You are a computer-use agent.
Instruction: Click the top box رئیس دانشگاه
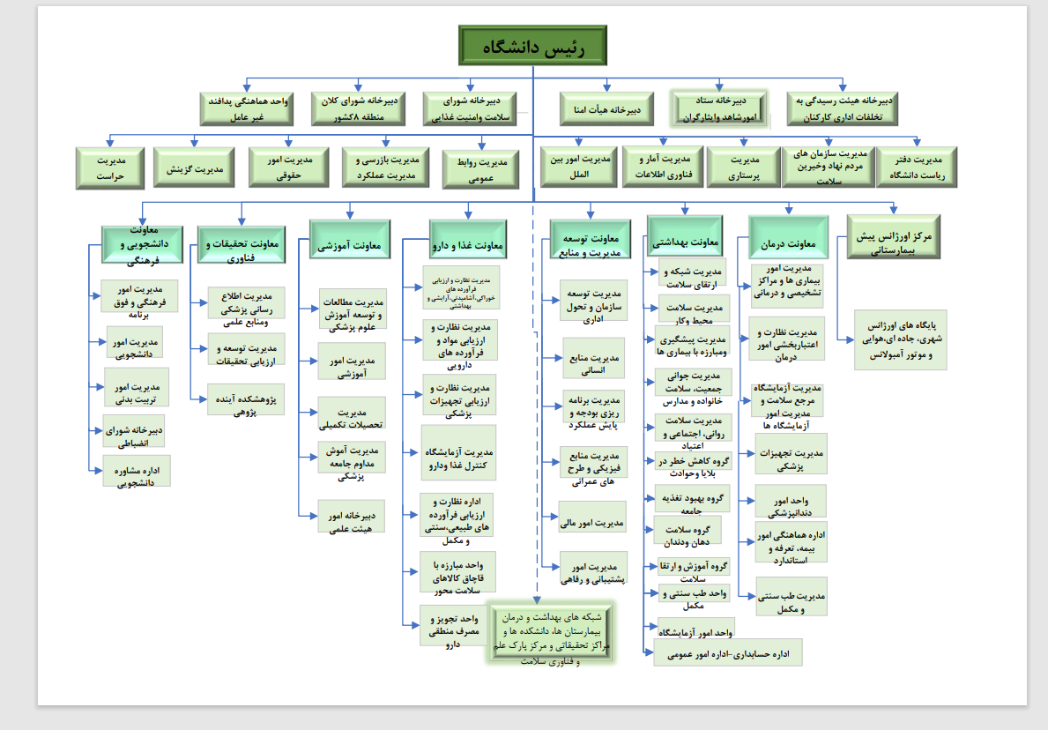pyautogui.click(x=531, y=46)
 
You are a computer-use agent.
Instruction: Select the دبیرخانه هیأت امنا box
pyautogui.click(x=606, y=109)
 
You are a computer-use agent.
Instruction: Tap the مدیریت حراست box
pyautogui.click(x=109, y=168)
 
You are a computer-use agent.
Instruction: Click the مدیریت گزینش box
pyautogui.click(x=194, y=168)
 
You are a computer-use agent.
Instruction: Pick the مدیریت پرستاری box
pyautogui.click(x=744, y=168)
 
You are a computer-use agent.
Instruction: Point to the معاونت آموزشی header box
pyautogui.click(x=350, y=245)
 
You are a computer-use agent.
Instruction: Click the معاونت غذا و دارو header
pyautogui.click(x=467, y=246)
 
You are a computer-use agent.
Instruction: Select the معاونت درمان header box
pyautogui.click(x=789, y=244)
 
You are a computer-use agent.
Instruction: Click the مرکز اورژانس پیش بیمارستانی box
pyautogui.click(x=893, y=238)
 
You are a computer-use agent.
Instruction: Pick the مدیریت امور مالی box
pyautogui.click(x=592, y=523)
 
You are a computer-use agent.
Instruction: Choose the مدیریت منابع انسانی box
pyautogui.click(x=592, y=363)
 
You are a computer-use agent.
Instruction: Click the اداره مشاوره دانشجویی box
pyautogui.click(x=137, y=471)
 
